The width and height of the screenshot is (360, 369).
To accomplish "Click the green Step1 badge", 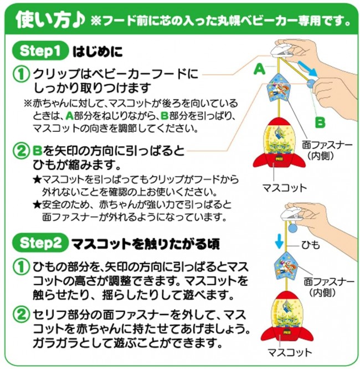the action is tap(40, 50).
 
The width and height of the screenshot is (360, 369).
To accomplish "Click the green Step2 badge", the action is tap(40, 243).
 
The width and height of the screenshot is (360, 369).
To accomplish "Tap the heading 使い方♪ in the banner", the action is tap(50, 20).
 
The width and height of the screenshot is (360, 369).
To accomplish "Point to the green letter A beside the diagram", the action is tap(260, 70).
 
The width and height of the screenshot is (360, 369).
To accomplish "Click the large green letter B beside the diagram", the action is tap(320, 122).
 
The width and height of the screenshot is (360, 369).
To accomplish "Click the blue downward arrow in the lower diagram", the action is tap(279, 241).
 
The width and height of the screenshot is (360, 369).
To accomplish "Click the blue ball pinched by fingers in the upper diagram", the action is tap(312, 84).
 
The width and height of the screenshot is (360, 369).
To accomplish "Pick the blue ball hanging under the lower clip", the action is tap(293, 228).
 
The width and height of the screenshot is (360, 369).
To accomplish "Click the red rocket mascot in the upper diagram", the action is tap(279, 143).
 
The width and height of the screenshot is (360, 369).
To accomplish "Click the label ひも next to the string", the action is tap(311, 245).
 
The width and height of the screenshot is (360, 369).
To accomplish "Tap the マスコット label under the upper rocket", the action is tap(285, 188).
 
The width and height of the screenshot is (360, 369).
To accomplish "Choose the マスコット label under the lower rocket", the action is tap(290, 352).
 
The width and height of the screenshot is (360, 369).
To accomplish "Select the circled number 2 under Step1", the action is tap(22, 151).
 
